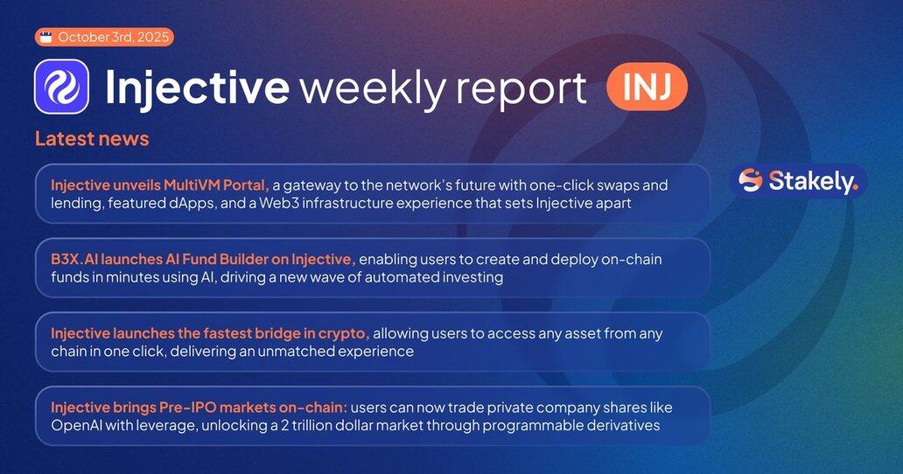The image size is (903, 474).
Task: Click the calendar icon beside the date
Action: (x=46, y=38)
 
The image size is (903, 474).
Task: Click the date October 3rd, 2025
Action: (x=114, y=38)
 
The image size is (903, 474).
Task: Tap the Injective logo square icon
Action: (x=61, y=87)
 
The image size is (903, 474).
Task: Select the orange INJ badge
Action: (x=647, y=87)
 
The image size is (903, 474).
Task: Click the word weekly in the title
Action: (x=373, y=87)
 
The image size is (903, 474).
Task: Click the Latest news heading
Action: (x=92, y=139)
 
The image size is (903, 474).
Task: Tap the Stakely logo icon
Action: (x=751, y=181)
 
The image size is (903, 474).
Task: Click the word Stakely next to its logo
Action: (x=813, y=181)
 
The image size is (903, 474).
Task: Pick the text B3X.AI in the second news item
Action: (x=74, y=260)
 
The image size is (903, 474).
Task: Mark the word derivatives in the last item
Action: (x=622, y=426)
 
